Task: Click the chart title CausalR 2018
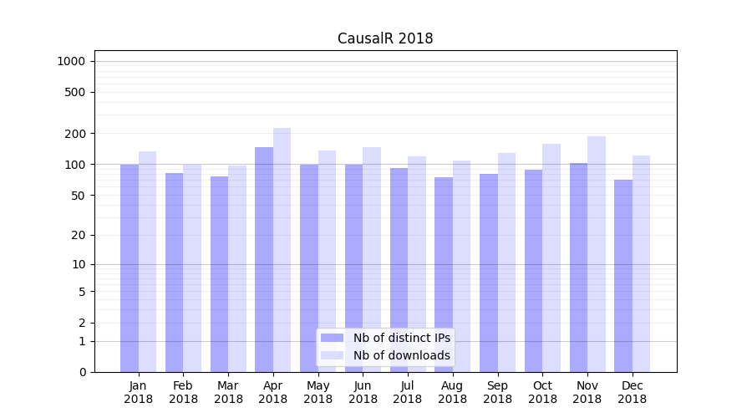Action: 385,38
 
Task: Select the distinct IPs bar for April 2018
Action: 264,259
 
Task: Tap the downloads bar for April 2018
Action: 282,250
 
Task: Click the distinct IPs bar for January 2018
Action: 130,268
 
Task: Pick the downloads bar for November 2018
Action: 596,254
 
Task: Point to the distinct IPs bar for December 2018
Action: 623,276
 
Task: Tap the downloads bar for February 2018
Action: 192,268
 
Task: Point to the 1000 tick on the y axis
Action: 71,61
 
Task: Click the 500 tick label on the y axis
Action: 75,92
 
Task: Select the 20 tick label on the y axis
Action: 78,235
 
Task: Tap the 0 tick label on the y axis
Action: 82,372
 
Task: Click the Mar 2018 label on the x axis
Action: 228,392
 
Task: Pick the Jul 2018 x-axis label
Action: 408,392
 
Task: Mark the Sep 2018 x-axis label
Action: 497,392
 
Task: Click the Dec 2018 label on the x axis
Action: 632,392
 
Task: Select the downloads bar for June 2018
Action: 372,259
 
